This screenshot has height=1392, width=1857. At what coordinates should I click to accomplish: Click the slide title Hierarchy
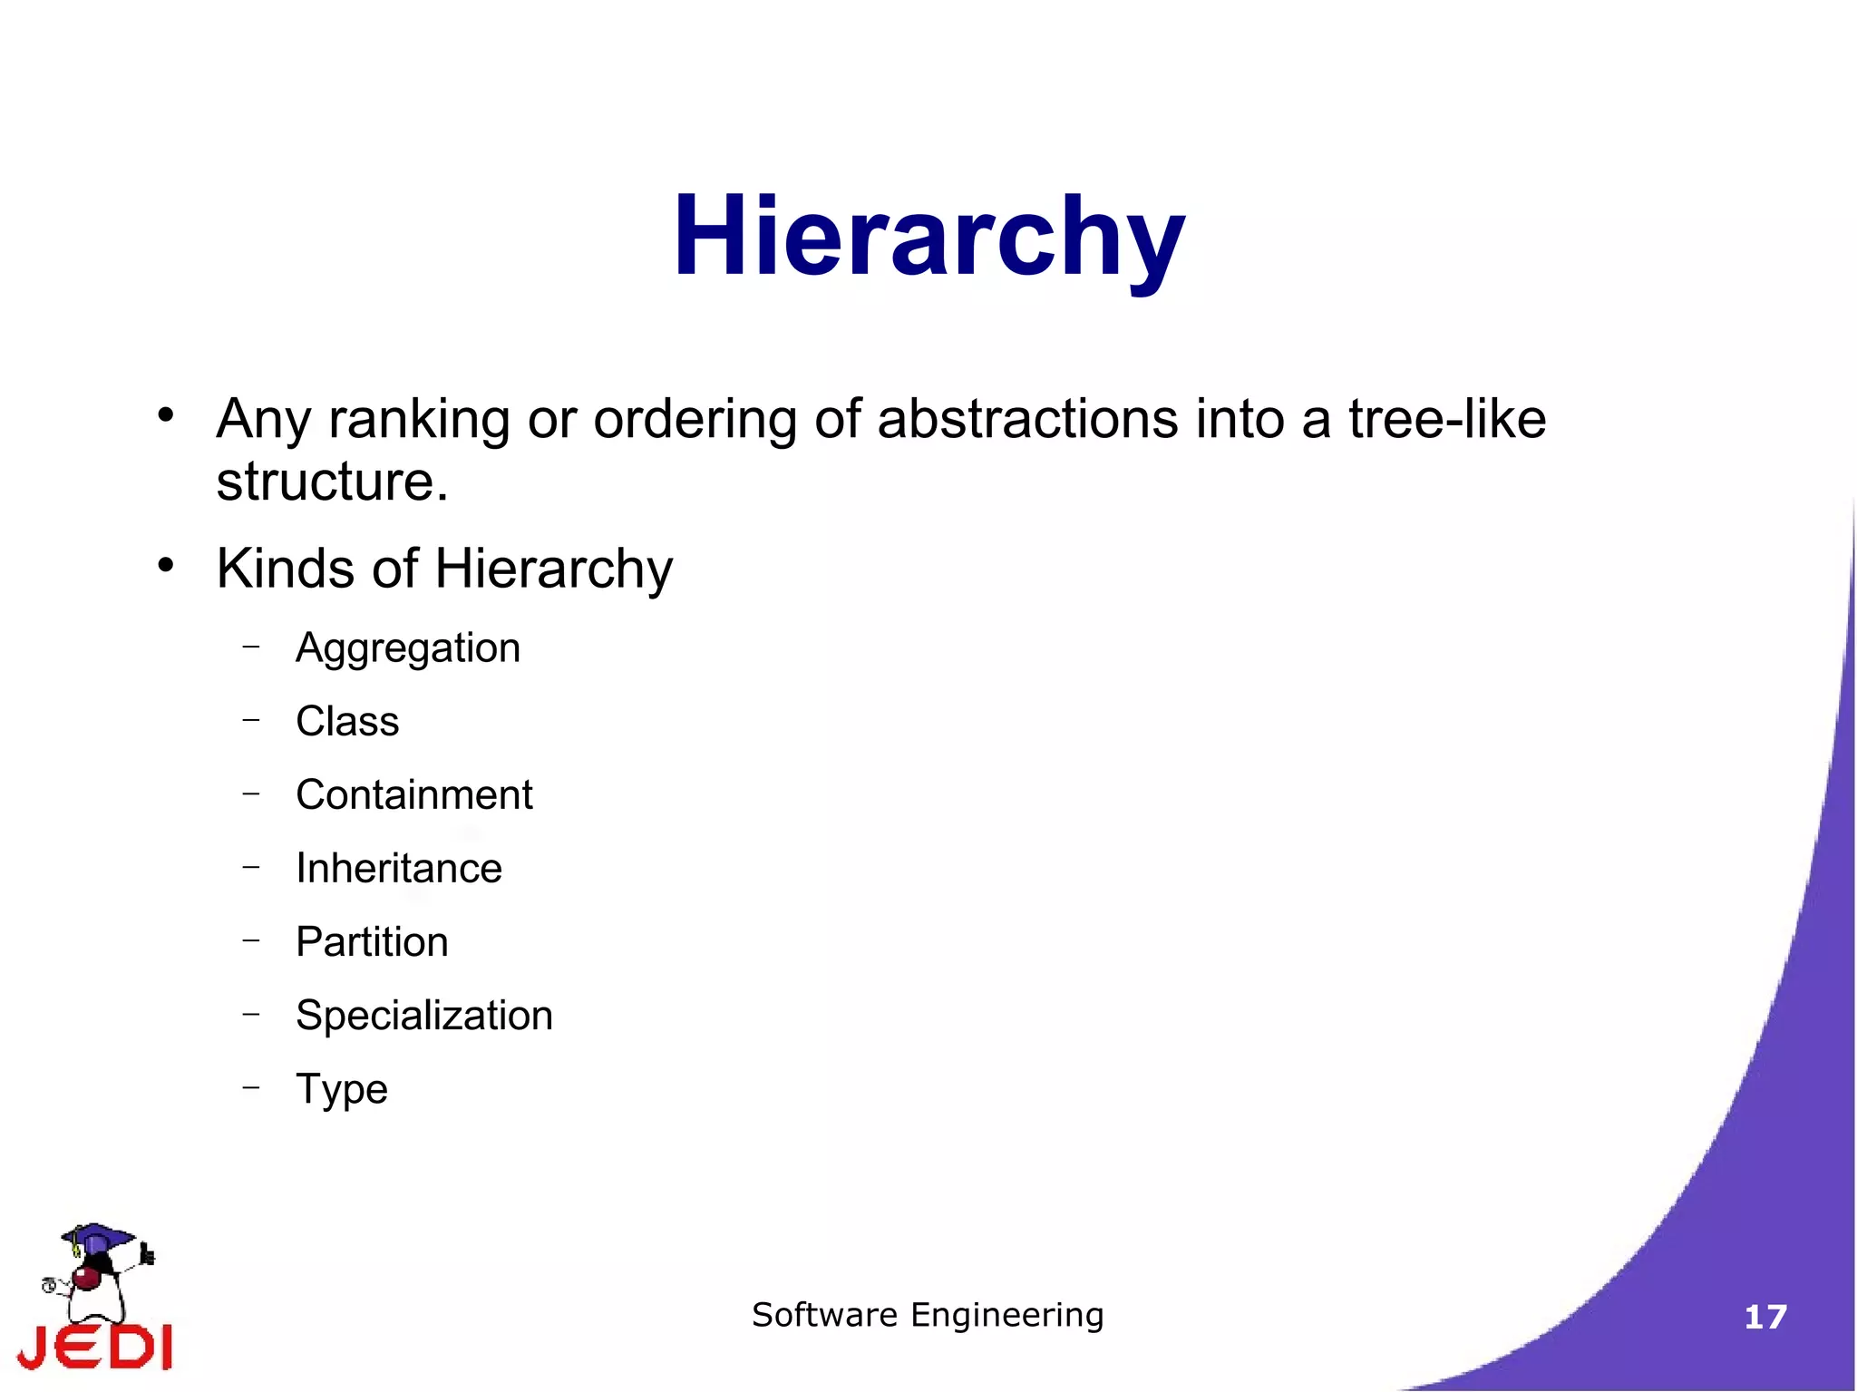(928, 238)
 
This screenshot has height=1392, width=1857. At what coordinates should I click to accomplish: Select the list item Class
(347, 722)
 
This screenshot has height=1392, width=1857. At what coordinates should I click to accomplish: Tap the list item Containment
(414, 795)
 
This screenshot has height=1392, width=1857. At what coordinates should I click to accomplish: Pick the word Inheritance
(399, 869)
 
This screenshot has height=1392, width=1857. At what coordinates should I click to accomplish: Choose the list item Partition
(372, 942)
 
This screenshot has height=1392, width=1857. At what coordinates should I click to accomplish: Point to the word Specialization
(424, 1016)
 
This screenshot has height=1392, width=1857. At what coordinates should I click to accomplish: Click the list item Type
(342, 1089)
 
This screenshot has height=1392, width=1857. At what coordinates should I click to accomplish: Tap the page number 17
(1765, 1317)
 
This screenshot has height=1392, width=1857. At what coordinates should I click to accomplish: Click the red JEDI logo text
(96, 1347)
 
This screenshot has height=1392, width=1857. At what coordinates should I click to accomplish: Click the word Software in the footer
(824, 1315)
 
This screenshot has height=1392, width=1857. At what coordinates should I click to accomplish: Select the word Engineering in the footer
(1007, 1316)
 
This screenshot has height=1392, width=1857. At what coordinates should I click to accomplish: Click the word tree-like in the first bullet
(1447, 419)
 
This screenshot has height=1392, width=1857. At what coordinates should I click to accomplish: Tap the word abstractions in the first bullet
(1027, 419)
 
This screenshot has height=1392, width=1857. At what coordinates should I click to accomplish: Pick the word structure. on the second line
(332, 481)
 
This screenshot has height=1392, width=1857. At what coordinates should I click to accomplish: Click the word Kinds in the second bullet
(285, 569)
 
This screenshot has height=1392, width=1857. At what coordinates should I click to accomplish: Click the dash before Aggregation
(251, 647)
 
